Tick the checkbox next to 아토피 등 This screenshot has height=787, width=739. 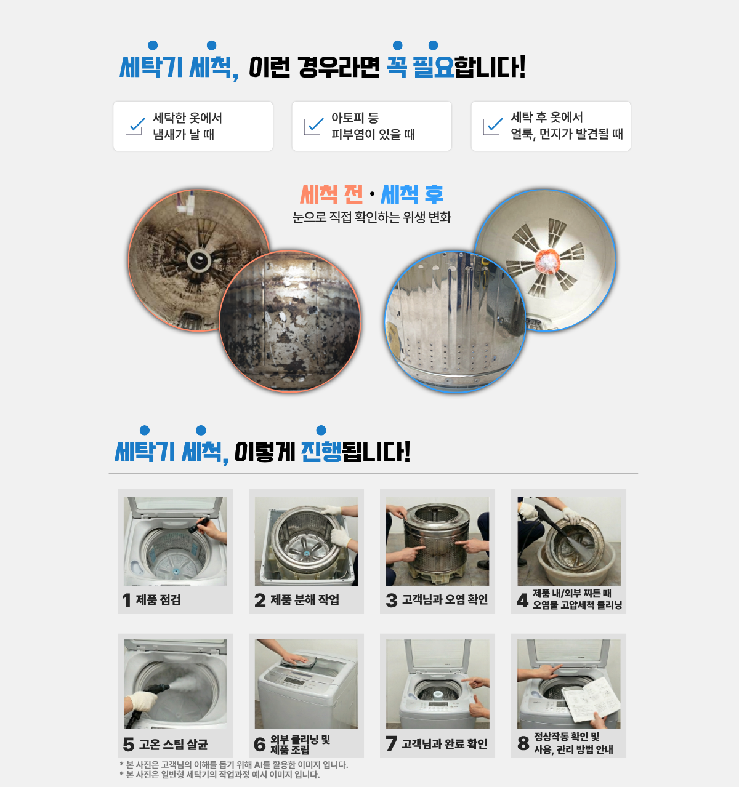pos(313,126)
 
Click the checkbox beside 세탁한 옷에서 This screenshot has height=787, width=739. pos(135,126)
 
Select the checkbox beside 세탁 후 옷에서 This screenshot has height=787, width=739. pos(493,126)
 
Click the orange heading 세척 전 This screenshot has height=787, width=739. pos(331,194)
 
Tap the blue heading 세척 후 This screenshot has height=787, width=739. pos(412,194)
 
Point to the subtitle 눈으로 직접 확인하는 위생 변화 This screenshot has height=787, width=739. pos(372,217)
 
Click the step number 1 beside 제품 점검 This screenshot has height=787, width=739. pos(127,601)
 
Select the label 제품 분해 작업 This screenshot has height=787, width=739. pos(305,599)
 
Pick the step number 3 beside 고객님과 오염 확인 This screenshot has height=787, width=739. pos(392,601)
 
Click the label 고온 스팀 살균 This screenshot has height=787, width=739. pos(173,744)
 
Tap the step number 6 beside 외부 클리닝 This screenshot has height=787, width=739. pos(260,744)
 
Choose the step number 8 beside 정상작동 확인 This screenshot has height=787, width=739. pos(523,743)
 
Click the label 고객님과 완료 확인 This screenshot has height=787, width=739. pos(444,744)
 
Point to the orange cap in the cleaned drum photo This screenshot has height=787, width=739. pos(547,260)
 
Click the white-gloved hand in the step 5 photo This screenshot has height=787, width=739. pos(141,702)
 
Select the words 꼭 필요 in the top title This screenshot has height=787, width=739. pos(420,66)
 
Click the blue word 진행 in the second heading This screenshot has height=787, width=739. pos(321,452)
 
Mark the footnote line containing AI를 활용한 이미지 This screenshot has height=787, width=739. pos(233,765)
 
